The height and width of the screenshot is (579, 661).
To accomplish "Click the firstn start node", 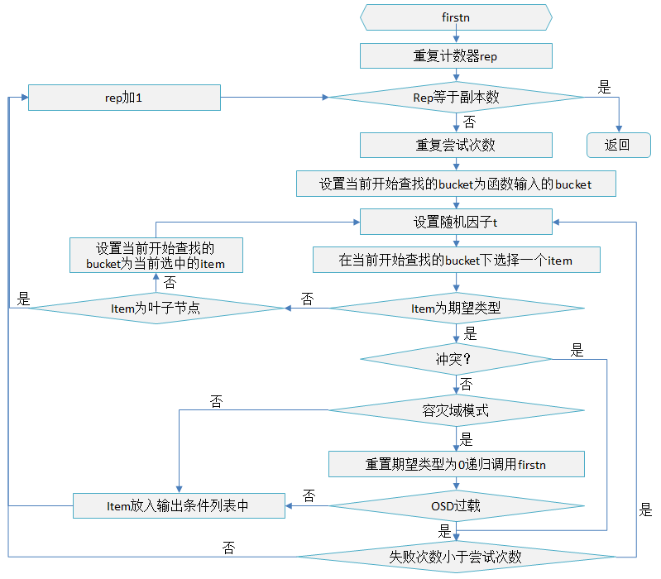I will (x=456, y=17).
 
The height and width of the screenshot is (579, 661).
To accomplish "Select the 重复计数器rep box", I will (x=456, y=56).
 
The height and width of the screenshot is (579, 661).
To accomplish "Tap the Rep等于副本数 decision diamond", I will (x=456, y=98).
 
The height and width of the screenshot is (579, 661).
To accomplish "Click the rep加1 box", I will (x=124, y=98).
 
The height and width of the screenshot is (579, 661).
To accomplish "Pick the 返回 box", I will (x=616, y=145).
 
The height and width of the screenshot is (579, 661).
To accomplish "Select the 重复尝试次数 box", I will (x=456, y=145).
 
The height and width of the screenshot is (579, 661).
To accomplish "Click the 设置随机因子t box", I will (x=456, y=222).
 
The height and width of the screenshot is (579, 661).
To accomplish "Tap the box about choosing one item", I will (x=456, y=260).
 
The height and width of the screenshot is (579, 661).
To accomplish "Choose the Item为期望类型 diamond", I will (x=456, y=309).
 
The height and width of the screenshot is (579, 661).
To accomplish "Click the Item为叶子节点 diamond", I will (x=156, y=309).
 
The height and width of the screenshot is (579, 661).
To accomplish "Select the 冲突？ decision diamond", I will (x=456, y=360).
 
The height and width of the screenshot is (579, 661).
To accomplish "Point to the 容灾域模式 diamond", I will (x=456, y=410).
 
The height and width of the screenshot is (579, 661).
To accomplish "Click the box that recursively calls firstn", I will (x=456, y=464).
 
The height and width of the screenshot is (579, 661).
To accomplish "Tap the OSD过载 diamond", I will (x=456, y=505).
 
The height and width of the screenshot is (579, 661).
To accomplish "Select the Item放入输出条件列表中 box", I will (x=179, y=505).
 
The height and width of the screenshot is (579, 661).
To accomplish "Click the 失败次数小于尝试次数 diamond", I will (x=456, y=556).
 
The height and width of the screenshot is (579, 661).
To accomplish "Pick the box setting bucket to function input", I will (x=456, y=184).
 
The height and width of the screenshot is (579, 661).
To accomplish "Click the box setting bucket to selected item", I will (x=156, y=256).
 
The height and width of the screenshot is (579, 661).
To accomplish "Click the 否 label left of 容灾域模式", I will (x=217, y=402).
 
